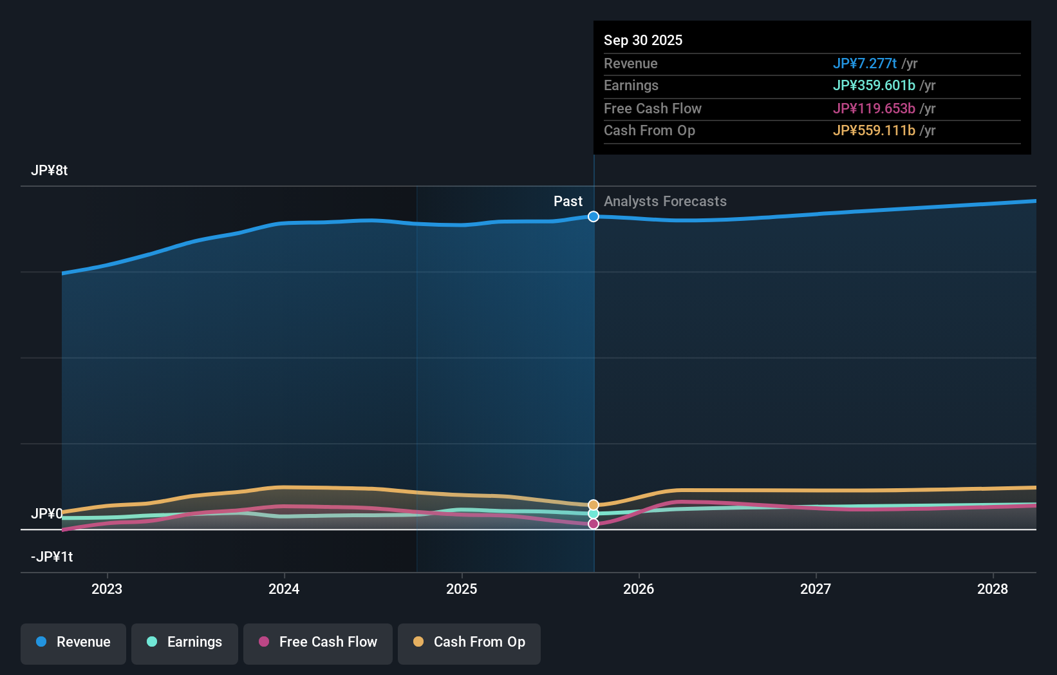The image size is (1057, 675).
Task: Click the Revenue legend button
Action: point(73,642)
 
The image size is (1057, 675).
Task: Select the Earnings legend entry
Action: point(185,642)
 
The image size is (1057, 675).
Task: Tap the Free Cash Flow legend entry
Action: point(318,642)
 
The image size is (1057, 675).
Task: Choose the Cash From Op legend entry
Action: point(469,642)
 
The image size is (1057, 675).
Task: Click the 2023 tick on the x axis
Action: point(107,589)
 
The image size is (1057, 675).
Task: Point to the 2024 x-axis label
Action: point(284,589)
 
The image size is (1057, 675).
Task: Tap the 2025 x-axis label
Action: point(462,589)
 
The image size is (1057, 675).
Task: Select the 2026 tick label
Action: point(639,589)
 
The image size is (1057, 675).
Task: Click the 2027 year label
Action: point(816,589)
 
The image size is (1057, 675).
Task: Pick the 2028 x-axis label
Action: point(993,589)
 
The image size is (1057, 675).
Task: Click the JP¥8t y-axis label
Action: point(49,171)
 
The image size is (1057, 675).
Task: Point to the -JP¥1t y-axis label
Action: point(51,556)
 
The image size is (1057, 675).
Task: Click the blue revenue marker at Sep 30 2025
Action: point(594,216)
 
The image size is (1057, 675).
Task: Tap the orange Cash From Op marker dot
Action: point(594,505)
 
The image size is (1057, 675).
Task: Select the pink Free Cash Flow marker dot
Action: point(594,524)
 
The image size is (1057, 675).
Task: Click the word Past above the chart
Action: point(568,202)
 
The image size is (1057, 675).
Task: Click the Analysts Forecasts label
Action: point(665,202)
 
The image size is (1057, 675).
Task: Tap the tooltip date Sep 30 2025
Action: point(643,40)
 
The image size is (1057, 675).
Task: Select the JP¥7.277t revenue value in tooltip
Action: point(865,63)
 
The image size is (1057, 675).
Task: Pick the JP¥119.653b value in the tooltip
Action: point(874,108)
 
